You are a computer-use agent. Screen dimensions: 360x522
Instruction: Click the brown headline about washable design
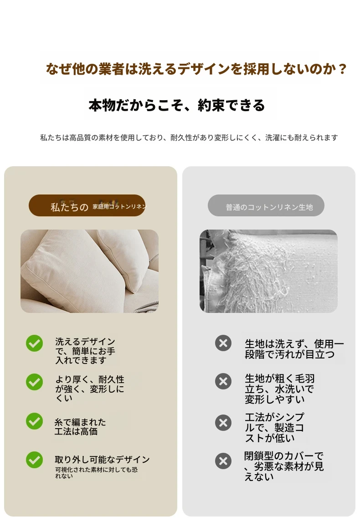196,69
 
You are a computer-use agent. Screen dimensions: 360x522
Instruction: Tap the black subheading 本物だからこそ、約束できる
176,105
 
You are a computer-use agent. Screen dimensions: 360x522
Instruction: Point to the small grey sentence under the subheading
189,138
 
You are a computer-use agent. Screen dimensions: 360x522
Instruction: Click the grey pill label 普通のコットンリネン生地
266,205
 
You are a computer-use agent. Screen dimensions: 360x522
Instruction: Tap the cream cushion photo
90,271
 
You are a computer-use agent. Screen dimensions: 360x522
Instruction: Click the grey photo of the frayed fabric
269,271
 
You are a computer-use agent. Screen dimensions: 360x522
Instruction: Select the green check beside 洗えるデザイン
34,343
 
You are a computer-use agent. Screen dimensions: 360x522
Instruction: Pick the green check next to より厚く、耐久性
34,382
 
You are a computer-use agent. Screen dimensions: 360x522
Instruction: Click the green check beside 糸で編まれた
34,421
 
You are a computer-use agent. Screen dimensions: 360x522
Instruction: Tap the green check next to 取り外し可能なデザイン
34,460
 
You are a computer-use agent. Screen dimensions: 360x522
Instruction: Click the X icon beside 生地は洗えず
223,343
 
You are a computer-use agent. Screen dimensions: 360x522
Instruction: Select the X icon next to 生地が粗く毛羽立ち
223,382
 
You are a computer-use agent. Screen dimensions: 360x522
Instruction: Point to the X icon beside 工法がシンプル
223,423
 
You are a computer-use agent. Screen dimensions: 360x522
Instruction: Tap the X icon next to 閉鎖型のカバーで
223,461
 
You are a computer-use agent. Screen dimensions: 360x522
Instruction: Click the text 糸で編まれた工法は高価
80,427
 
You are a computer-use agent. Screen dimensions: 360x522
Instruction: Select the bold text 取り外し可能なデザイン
102,460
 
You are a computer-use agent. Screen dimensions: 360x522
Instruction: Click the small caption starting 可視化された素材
96,473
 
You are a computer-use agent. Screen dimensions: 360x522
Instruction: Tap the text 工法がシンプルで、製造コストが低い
274,427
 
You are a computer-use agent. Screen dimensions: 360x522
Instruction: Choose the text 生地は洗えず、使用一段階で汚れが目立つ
294,349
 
